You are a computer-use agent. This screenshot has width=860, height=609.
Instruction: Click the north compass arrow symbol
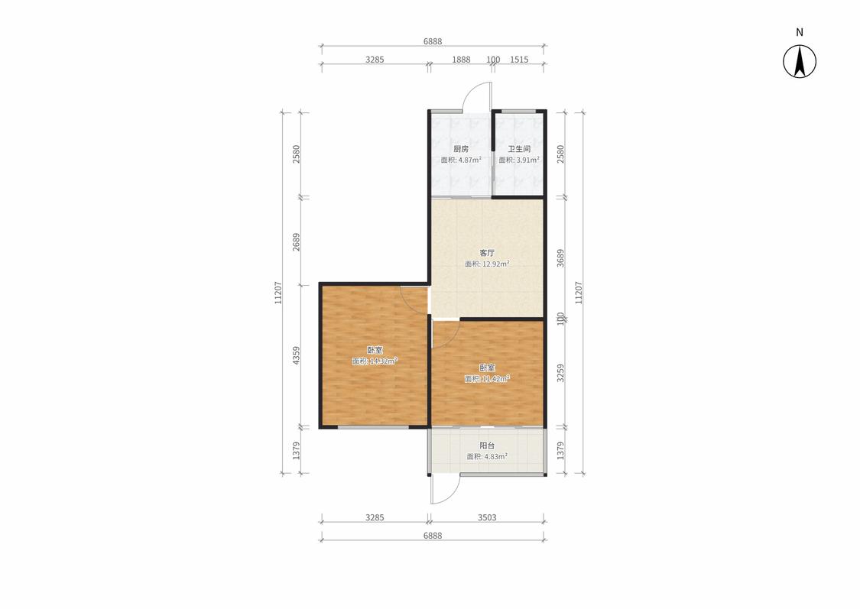click(800, 61)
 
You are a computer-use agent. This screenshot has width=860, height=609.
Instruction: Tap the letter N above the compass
click(800, 32)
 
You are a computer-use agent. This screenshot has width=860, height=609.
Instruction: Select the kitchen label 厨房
click(461, 149)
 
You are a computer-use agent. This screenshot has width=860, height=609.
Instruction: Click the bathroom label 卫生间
click(519, 149)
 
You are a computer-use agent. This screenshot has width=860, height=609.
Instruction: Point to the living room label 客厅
click(487, 253)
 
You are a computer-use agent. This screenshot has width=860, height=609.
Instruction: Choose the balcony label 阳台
click(487, 445)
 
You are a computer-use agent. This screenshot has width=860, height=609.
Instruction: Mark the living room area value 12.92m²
click(496, 264)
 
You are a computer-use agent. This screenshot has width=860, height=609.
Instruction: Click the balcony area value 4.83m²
click(496, 456)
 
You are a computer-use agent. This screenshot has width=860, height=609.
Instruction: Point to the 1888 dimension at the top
click(461, 59)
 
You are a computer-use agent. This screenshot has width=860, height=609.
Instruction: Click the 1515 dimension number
click(519, 59)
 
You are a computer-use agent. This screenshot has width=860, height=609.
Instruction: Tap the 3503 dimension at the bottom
click(487, 517)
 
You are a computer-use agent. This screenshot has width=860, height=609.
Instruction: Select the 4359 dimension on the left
click(296, 356)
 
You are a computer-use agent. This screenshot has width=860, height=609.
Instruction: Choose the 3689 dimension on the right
click(560, 258)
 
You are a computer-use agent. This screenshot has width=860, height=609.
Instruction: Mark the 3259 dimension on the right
click(560, 374)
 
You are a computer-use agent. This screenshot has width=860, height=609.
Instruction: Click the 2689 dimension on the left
click(296, 241)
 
